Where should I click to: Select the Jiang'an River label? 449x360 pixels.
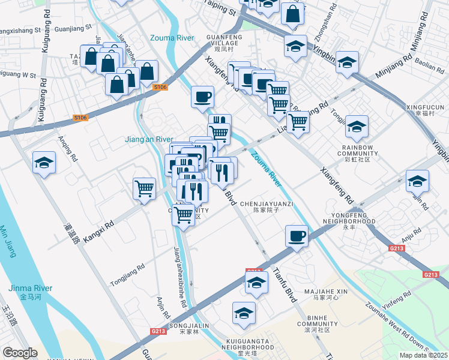click(x=148, y=139)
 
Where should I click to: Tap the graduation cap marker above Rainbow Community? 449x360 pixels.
click(x=357, y=127)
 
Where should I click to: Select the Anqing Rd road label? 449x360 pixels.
click(x=67, y=149)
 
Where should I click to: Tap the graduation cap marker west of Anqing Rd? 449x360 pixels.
click(x=43, y=163)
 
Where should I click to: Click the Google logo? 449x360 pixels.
click(x=20, y=353)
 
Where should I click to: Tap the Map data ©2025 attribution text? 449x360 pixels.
click(x=423, y=355)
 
